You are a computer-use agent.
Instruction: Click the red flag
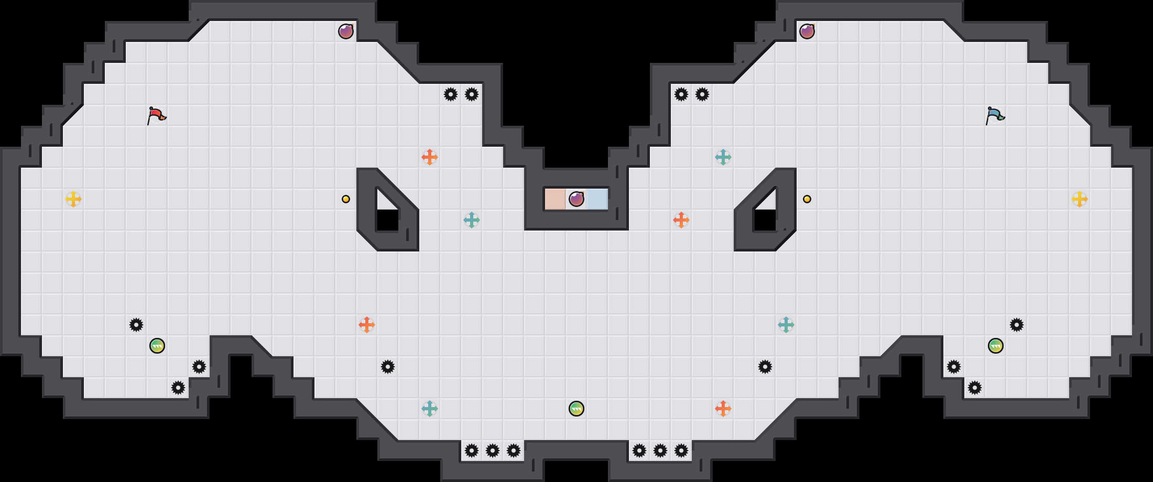pos(156,115)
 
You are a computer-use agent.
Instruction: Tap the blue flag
pos(995,115)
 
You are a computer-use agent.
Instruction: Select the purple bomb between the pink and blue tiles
pos(576,199)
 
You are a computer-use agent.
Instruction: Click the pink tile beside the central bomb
pos(555,199)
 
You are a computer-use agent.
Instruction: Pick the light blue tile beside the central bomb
pos(597,199)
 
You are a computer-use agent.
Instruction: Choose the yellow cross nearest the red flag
pos(73,199)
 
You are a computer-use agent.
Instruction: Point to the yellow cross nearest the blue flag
pos(1080,199)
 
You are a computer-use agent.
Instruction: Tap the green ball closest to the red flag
pos(157,346)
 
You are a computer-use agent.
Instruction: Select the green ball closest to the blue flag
pos(996,346)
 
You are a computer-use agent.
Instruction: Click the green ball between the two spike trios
pos(576,409)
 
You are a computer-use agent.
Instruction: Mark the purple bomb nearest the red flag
pos(346,31)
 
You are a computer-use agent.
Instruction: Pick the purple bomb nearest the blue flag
pos(807,31)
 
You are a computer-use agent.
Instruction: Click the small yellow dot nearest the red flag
pos(346,199)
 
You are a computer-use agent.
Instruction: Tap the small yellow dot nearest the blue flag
pos(807,199)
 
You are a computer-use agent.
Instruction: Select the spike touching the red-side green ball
pos(136,325)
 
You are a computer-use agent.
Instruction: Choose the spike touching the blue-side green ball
pos(1017,325)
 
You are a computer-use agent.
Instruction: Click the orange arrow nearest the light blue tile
pos(681,220)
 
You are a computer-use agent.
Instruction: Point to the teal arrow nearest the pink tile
pos(472,220)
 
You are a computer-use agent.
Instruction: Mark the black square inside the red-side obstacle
pos(387,220)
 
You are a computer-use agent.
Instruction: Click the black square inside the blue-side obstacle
pos(765,220)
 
